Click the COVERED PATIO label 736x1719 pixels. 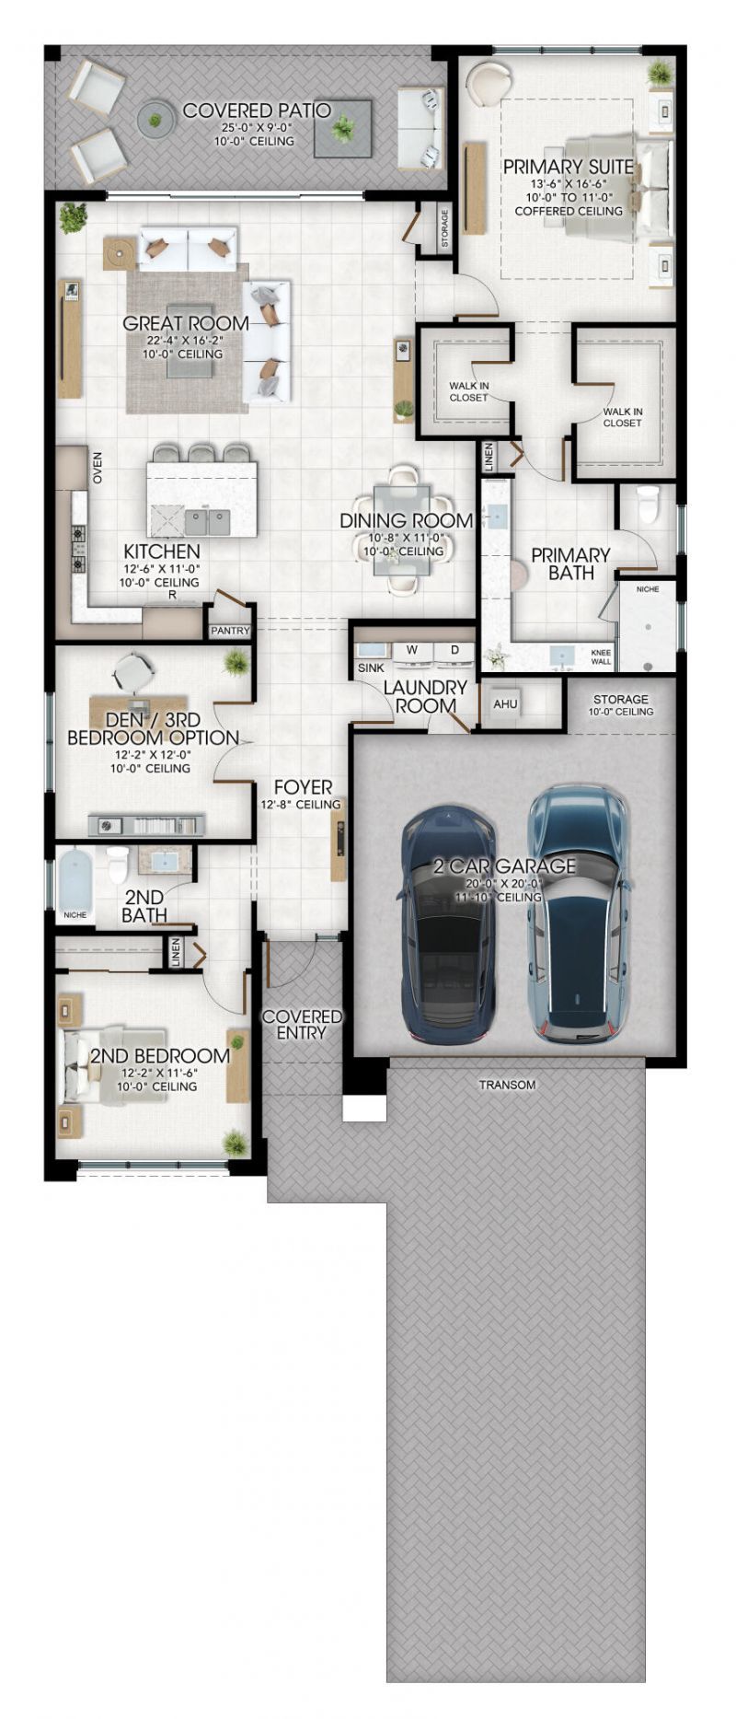click(x=256, y=111)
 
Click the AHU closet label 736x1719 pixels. click(x=505, y=704)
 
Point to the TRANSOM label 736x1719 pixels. click(x=507, y=1085)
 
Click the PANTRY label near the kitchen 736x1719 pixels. click(x=229, y=632)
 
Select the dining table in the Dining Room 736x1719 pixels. click(x=400, y=529)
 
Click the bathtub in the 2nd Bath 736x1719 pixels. click(x=75, y=879)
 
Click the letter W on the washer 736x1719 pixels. click(x=412, y=650)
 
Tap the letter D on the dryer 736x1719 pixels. click(x=454, y=650)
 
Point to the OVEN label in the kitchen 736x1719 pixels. click(x=98, y=468)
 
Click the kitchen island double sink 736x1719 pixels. click(x=207, y=522)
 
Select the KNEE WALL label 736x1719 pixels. click(x=601, y=656)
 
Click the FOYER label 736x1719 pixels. click(x=303, y=787)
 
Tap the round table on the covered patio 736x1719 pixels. click(x=155, y=119)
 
